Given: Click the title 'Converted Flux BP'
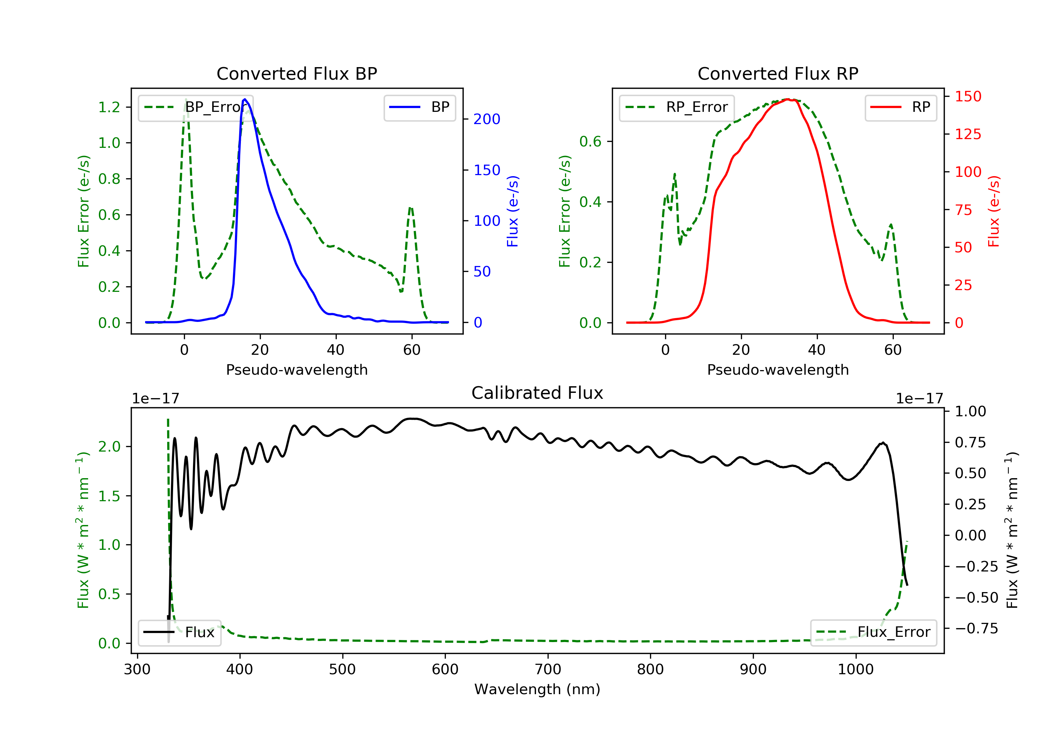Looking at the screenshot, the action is [297, 73].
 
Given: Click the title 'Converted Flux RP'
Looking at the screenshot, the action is [778, 73].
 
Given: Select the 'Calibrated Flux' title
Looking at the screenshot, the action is [537, 393].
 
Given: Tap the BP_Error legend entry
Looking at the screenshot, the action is [195, 107].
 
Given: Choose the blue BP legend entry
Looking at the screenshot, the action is [419, 107].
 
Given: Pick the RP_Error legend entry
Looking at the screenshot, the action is [676, 107].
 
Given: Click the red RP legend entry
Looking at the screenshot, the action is [900, 107].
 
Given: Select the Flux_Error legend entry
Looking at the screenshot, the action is [873, 632].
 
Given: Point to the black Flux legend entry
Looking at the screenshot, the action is [179, 632].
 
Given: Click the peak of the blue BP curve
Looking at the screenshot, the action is [245, 99].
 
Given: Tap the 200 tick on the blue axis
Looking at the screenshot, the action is [487, 119].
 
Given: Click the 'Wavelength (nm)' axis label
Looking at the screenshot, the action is [537, 689].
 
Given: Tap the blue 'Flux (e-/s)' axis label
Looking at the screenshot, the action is [512, 211].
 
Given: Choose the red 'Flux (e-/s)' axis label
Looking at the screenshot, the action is [993, 211].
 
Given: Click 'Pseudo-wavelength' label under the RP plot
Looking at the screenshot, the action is [778, 369].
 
